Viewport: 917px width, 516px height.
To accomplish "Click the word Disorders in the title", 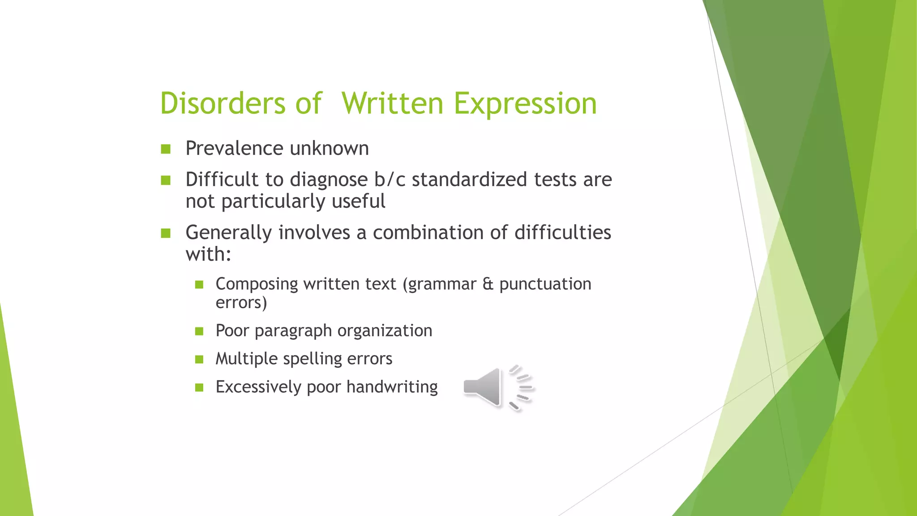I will (x=222, y=103).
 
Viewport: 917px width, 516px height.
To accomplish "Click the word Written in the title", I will (x=392, y=103).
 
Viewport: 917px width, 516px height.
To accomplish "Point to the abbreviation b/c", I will (x=390, y=180).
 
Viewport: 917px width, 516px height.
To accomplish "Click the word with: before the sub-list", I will (x=208, y=254).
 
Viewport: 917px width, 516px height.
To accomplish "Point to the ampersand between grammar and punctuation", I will (x=488, y=284).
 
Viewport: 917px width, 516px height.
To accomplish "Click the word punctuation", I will (x=545, y=284).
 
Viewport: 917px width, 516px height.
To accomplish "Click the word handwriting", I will (x=392, y=387).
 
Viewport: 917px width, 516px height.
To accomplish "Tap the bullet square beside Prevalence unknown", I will (x=166, y=149).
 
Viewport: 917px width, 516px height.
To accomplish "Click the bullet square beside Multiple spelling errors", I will (x=199, y=359).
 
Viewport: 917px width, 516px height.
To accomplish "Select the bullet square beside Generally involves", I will (x=166, y=233).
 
